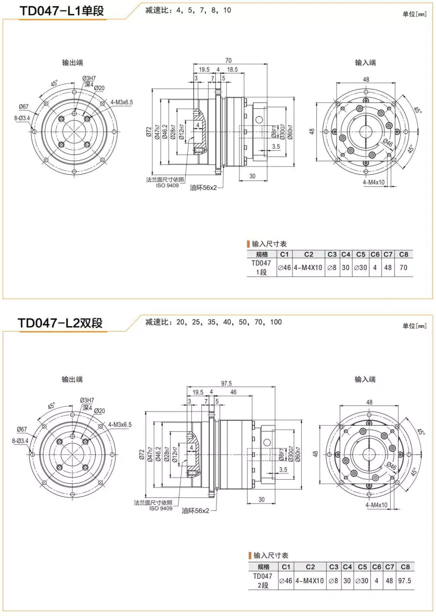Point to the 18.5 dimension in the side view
[232, 69]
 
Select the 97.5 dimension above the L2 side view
[226, 383]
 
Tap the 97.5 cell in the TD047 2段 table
[404, 580]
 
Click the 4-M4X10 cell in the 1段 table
[308, 267]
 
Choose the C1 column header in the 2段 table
[285, 567]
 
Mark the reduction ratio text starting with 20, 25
[213, 322]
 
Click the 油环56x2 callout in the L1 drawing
[203, 187]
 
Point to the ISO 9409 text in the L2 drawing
[161, 508]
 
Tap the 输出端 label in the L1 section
[72, 62]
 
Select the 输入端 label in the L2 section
[365, 379]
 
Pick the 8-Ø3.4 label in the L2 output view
[21, 440]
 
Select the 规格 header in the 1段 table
[262, 254]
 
